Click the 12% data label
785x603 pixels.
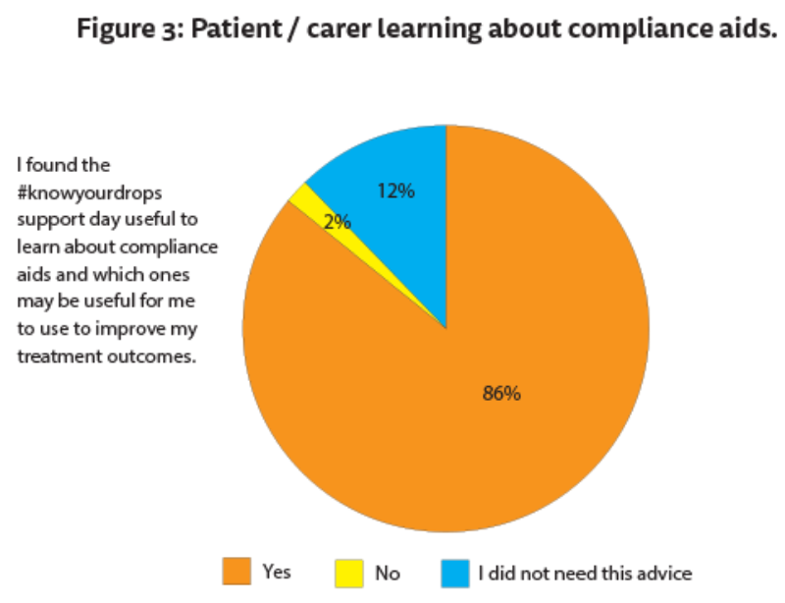coord(396,192)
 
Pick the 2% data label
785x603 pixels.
coord(338,222)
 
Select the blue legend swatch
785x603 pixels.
coord(452,571)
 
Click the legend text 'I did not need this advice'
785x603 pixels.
coord(585,572)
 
